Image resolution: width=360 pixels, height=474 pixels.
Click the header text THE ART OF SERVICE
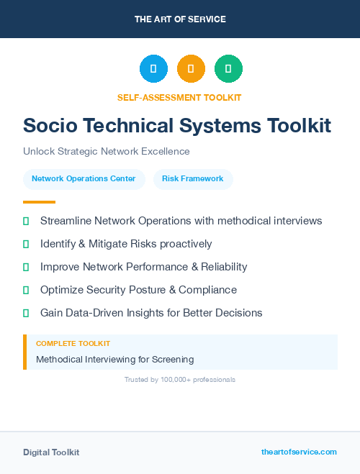(180, 19)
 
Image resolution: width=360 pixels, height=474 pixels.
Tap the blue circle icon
(153, 69)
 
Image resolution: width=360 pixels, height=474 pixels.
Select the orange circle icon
(191, 69)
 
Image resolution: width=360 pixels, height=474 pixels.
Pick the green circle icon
(228, 69)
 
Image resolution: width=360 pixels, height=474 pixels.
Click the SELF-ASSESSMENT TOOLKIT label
(180, 97)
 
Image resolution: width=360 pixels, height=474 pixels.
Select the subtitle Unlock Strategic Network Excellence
(106, 152)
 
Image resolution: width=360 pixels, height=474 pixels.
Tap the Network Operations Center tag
(84, 178)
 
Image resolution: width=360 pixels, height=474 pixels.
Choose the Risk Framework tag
(192, 178)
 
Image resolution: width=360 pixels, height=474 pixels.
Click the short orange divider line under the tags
(39, 202)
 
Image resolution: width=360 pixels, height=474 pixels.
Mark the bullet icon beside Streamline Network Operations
(27, 221)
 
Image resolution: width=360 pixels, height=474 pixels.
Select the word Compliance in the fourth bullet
(209, 290)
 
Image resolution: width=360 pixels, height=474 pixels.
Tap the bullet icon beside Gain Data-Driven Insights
(27, 313)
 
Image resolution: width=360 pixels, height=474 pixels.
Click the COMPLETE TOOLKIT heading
(73, 344)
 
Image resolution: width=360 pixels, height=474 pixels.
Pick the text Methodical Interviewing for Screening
(114, 359)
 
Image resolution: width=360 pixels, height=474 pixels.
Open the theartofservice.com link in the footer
(299, 452)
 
